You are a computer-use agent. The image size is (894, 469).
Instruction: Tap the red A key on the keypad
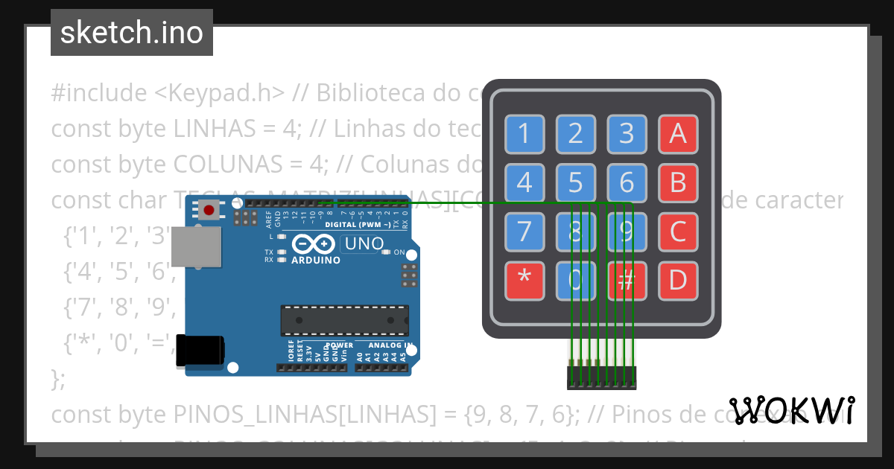(677, 133)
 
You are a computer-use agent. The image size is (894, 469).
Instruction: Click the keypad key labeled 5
(575, 182)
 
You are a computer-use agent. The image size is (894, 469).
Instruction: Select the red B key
(677, 182)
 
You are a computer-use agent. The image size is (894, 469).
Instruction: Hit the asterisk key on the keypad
(524, 281)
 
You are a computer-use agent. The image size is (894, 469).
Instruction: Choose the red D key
(677, 281)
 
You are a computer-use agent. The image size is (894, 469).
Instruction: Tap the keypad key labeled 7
(524, 232)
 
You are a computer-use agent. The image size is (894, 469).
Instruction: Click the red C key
(677, 232)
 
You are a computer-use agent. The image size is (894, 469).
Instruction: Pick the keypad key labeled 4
(524, 182)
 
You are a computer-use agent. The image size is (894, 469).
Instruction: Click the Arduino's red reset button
(209, 211)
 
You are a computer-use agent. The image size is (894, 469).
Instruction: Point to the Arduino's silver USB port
(196, 246)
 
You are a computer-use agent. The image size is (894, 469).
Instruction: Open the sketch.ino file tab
(132, 33)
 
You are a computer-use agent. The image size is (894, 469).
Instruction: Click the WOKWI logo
(791, 410)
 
